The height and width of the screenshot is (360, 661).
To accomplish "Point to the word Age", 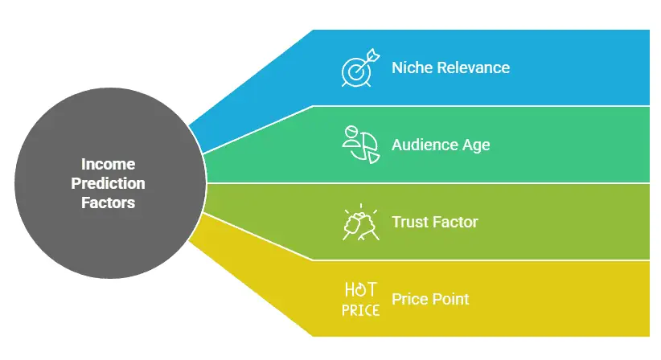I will (x=476, y=145).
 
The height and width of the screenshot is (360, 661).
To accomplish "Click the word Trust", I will (x=412, y=222).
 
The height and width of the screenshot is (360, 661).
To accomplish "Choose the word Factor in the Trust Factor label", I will (x=457, y=222).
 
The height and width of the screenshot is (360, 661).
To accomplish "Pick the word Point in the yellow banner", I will (x=450, y=299).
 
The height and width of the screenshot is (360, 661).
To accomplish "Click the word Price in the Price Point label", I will (x=409, y=299).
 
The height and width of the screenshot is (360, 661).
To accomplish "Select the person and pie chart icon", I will (x=359, y=145).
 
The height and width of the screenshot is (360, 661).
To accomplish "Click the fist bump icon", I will (x=359, y=222).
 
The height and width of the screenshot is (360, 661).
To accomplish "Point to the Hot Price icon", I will (x=359, y=299).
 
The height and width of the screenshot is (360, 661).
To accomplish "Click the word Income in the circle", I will (x=108, y=165).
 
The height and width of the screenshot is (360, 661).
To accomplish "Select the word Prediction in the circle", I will (x=108, y=184).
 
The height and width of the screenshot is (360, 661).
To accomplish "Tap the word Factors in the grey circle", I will (x=108, y=203).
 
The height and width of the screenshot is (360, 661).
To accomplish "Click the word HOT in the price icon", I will (x=359, y=289).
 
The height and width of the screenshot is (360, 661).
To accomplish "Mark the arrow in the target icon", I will (x=371, y=56).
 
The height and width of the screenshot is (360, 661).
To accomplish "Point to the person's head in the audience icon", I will (x=350, y=130).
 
